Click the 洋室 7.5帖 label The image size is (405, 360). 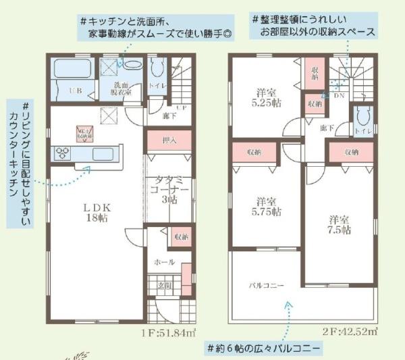[x=340, y=225]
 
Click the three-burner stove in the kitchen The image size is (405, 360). [x=63, y=152]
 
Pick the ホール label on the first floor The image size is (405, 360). [x=164, y=262]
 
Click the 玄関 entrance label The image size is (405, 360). [x=165, y=286]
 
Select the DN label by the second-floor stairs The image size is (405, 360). [x=338, y=95]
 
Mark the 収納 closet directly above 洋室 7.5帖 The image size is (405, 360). [x=350, y=153]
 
